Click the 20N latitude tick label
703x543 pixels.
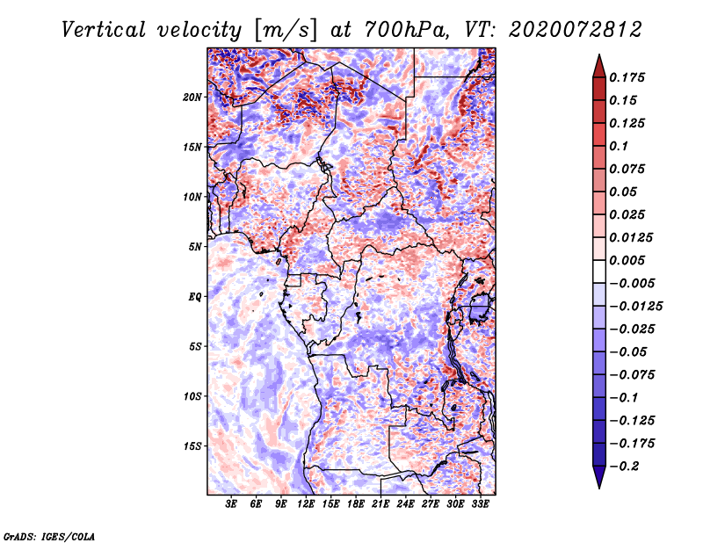click(192, 98)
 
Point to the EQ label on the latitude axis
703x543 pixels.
click(195, 297)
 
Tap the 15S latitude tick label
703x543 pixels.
click(192, 446)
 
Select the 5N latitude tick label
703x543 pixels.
click(195, 247)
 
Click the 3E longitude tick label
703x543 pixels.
click(231, 503)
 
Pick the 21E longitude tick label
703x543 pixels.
click(380, 503)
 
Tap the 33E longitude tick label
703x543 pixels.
click(480, 503)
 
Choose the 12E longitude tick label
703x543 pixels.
click(306, 503)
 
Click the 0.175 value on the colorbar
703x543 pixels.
click(627, 77)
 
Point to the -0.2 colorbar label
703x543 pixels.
click(624, 467)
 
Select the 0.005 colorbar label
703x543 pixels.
click(627, 260)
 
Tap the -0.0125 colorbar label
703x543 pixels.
click(635, 307)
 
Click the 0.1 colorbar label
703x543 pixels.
click(619, 146)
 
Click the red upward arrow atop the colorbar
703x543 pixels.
click(599, 67)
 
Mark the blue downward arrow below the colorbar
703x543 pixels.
click(599, 477)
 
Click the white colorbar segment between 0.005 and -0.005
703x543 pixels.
click(599, 271)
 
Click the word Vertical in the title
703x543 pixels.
click(103, 30)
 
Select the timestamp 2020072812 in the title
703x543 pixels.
click(576, 30)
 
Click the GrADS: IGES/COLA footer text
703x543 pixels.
click(49, 536)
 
